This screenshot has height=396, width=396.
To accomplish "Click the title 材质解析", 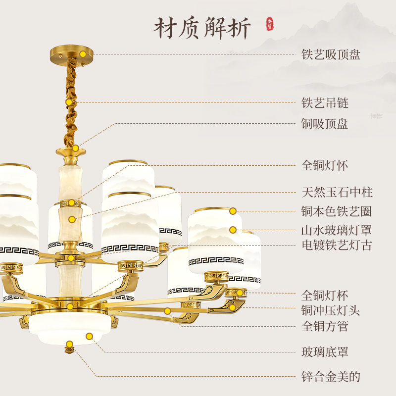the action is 202,28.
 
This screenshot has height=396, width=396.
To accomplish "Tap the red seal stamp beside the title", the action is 269,24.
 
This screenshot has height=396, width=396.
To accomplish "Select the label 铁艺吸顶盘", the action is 331,54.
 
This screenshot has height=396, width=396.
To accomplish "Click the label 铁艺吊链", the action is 325,103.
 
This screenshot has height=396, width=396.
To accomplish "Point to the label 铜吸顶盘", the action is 325,124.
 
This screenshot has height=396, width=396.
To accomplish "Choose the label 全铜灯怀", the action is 325,165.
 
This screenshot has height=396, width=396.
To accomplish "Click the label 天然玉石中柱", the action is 337,192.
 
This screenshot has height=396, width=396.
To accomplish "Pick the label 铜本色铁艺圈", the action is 337,212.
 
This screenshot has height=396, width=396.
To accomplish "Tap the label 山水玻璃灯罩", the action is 337,230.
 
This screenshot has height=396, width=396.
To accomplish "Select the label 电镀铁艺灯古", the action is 337,245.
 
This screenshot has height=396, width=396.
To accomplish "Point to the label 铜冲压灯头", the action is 331,311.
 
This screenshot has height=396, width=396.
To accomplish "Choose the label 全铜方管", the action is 325,326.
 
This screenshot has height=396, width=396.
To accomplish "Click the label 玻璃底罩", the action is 325,352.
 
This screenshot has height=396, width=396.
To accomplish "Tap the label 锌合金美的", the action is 331,377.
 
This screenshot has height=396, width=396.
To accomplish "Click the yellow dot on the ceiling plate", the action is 83,53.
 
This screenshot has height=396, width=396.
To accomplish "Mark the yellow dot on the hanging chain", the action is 69,102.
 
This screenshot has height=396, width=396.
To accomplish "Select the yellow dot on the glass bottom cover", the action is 89,336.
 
